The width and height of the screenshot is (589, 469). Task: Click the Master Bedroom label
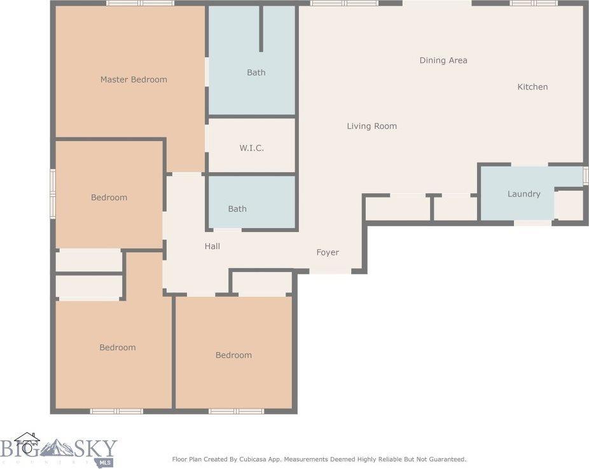pyautogui.click(x=134, y=79)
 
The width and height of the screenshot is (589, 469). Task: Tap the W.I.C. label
pyautogui.click(x=251, y=147)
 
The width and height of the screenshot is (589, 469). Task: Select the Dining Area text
pyautogui.click(x=443, y=60)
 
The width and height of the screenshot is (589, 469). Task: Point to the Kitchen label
pyautogui.click(x=532, y=86)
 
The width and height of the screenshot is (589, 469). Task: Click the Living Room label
pyautogui.click(x=371, y=126)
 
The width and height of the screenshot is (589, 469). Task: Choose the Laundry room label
pyautogui.click(x=523, y=194)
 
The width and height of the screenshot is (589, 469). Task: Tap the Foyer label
pyautogui.click(x=328, y=252)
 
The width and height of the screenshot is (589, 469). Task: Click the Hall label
pyautogui.click(x=212, y=246)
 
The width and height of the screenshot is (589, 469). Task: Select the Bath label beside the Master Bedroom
pyautogui.click(x=256, y=72)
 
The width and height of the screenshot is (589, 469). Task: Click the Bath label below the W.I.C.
pyautogui.click(x=237, y=208)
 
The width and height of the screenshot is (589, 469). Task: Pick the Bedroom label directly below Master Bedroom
pyautogui.click(x=109, y=198)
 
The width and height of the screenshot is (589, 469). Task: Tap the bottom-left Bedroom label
pyautogui.click(x=118, y=348)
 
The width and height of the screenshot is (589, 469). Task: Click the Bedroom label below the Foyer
pyautogui.click(x=233, y=355)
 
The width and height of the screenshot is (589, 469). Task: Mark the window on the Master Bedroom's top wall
pyautogui.click(x=140, y=3)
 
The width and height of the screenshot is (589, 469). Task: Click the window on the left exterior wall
pyautogui.click(x=53, y=189)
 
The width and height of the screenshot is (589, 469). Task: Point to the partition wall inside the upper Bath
pyautogui.click(x=261, y=29)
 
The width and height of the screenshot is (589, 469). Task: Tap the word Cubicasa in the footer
pyautogui.click(x=253, y=459)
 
